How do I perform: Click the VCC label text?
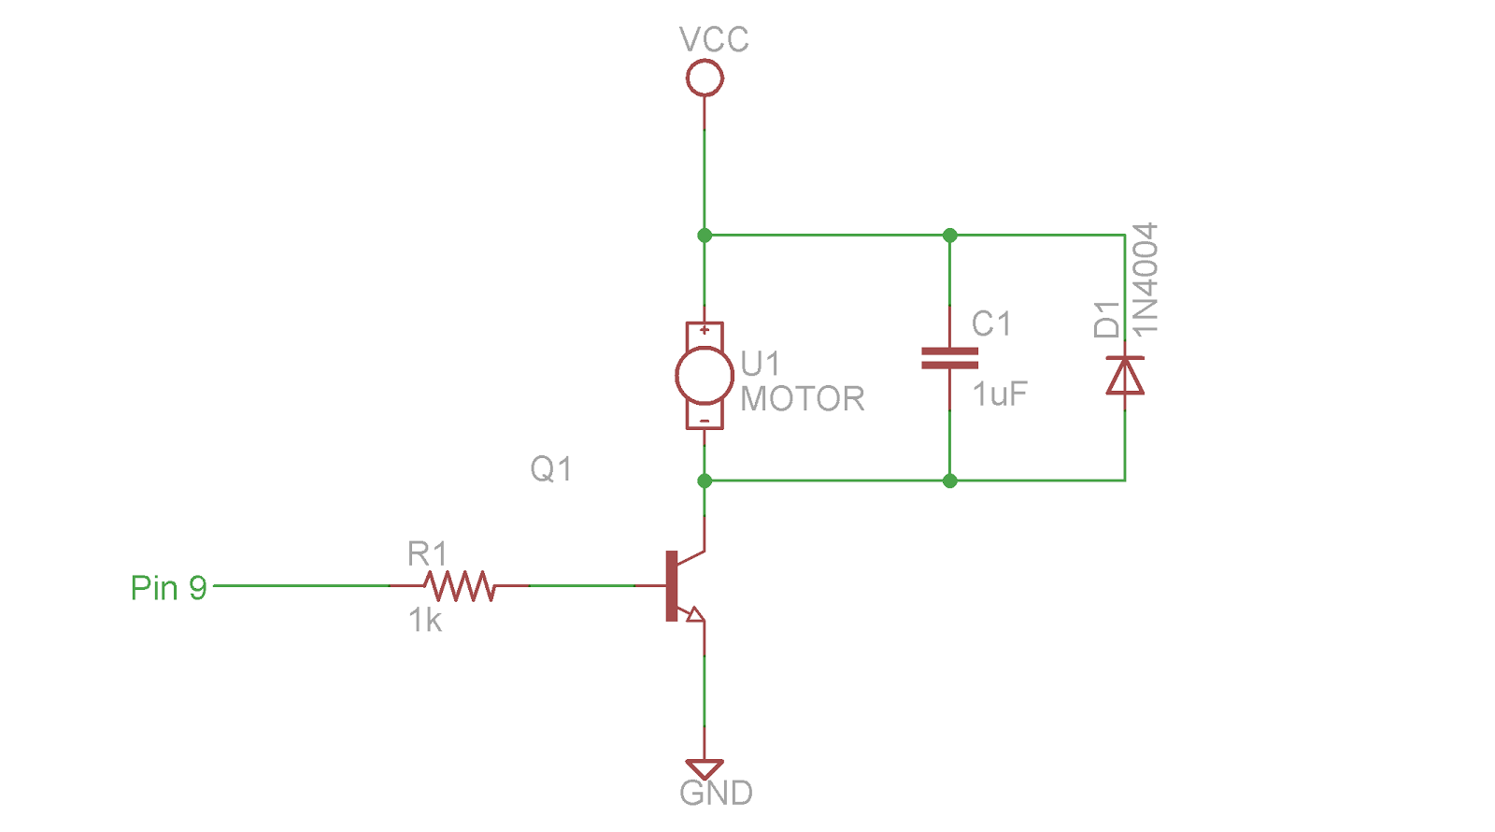pos(714,40)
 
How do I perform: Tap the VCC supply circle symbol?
pos(705,78)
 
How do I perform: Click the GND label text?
pos(716,793)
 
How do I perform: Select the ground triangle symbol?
pos(705,768)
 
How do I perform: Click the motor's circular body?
pos(705,375)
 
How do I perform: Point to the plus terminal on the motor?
pos(705,330)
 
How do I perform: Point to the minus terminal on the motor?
pos(705,421)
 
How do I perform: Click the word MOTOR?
pos(803,399)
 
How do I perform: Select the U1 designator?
pos(760,363)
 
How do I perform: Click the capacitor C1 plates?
pos(949,358)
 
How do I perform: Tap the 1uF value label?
pos(1000,394)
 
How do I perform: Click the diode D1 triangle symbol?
pos(1125,376)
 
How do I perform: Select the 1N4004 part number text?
pos(1146,279)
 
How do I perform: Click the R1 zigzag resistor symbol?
pos(459,586)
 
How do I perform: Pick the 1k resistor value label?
pos(425,621)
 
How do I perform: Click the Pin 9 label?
pos(168,588)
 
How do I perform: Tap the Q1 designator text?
pos(551,468)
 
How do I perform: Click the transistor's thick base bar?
pos(671,586)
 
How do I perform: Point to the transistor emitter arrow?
pos(693,613)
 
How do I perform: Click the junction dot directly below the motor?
pos(705,481)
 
